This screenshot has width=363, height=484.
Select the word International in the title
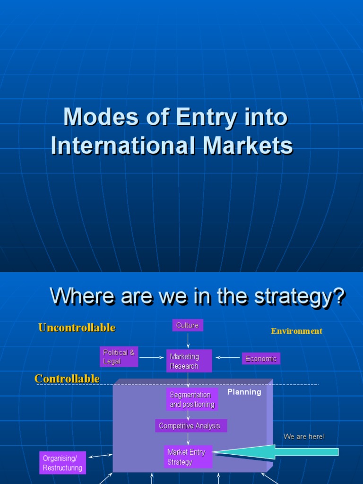(x=122, y=146)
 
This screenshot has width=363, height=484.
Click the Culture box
(x=188, y=325)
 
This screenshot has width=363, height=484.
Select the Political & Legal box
(x=119, y=357)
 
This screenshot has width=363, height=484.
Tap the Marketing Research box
(x=189, y=361)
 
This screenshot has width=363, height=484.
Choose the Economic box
(x=261, y=359)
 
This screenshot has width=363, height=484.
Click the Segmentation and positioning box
(x=192, y=399)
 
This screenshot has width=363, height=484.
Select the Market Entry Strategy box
(x=188, y=457)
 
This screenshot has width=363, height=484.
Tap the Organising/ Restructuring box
(x=62, y=463)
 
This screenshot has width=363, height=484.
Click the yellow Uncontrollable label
(x=77, y=328)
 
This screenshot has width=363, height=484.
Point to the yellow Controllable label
(x=67, y=379)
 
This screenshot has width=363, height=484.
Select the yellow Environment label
(x=296, y=331)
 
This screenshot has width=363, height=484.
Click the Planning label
(x=244, y=392)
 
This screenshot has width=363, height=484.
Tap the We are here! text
(x=304, y=437)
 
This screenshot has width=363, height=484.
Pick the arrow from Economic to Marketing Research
(x=227, y=358)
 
